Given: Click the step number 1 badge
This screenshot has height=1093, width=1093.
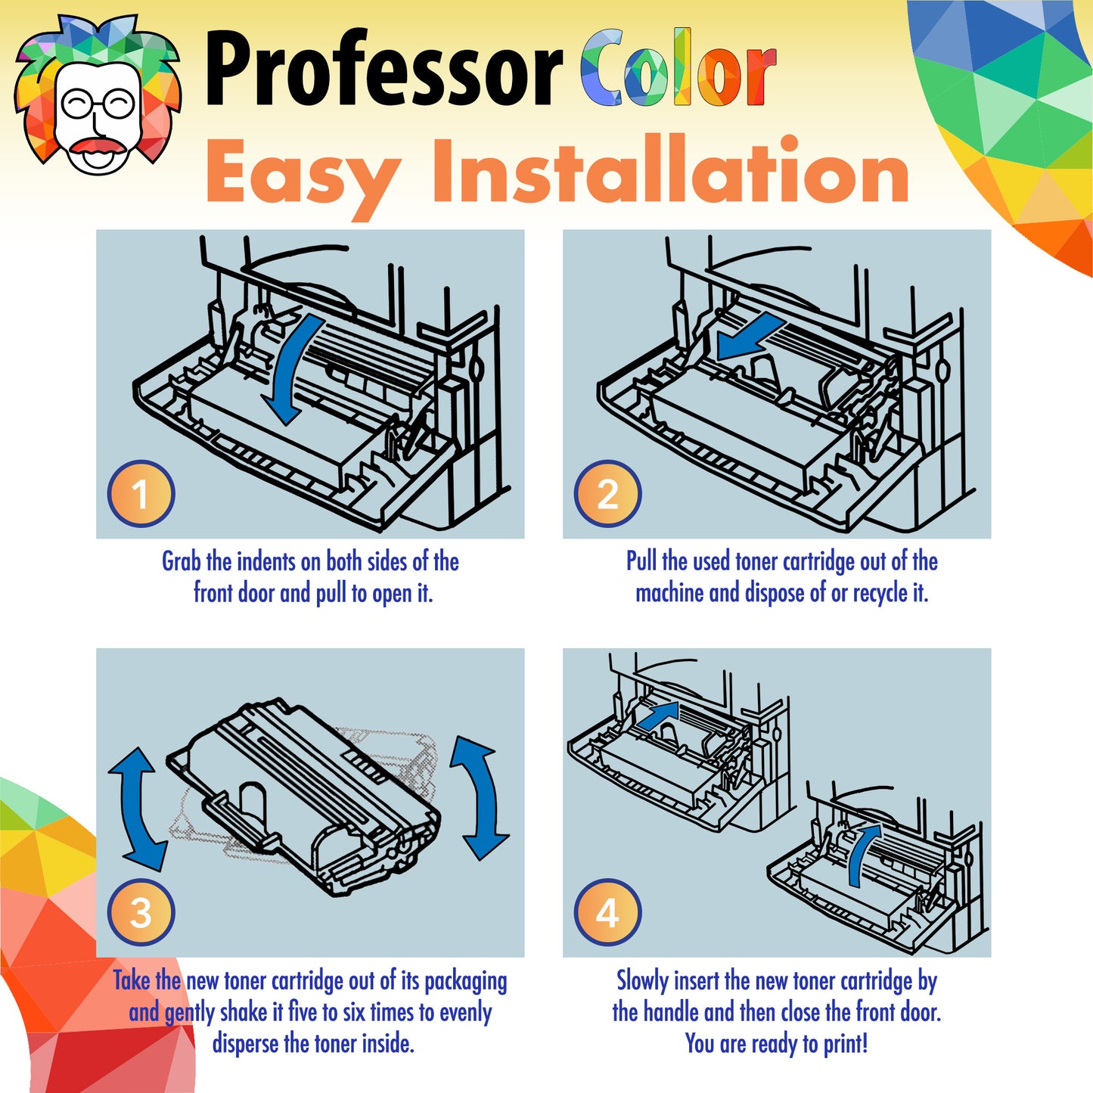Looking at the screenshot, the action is click(141, 493).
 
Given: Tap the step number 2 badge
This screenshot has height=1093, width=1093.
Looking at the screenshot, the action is click(607, 493).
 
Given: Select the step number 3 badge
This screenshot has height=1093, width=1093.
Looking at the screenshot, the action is click(141, 912).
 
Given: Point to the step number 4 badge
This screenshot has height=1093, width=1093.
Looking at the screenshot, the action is click(607, 912).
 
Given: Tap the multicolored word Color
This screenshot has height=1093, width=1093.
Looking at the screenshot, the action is click(678, 68).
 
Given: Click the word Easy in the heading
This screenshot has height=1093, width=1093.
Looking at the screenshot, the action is click(304, 173).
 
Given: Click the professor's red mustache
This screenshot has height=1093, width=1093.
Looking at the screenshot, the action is click(98, 146).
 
